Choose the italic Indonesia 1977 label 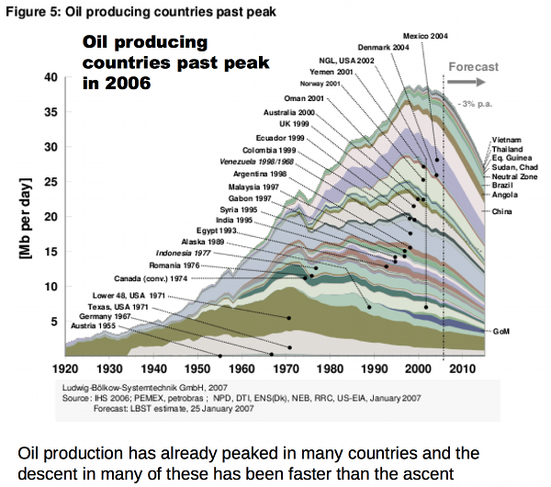click(x=186, y=252)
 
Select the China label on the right click(x=501, y=212)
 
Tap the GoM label click(x=500, y=331)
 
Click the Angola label click(x=504, y=194)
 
